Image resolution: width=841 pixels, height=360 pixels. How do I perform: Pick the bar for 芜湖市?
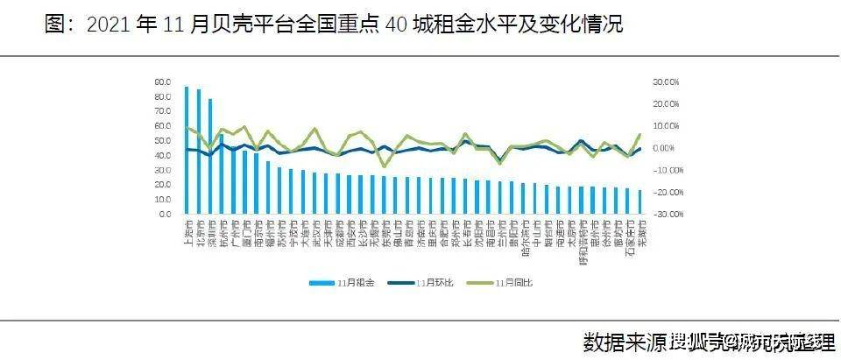pyautogui.click(x=640, y=202)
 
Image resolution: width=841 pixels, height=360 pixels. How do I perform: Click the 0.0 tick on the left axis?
pyautogui.click(x=164, y=215)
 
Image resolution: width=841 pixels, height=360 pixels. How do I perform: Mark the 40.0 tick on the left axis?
pyautogui.click(x=162, y=155)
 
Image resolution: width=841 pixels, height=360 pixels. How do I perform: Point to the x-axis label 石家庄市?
pyautogui.click(x=627, y=236)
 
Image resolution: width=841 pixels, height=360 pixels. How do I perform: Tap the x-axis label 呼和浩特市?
pyautogui.click(x=582, y=238)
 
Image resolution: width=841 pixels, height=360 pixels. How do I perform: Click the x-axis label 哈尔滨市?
pyautogui.click(x=524, y=235)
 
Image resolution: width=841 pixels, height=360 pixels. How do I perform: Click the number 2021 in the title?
pyautogui.click(x=110, y=25)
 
